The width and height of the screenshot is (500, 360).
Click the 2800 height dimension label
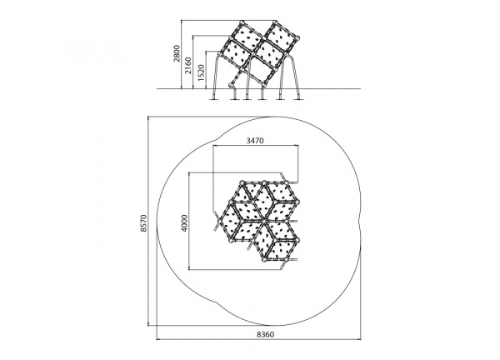(x=177, y=53)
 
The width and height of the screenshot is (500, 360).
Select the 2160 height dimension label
(x=188, y=66)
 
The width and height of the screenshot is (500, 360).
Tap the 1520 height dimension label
(x=201, y=72)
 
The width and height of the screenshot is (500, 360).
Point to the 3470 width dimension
(x=255, y=140)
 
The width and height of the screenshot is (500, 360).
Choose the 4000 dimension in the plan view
(x=184, y=222)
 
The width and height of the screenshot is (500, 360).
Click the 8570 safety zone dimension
(x=144, y=222)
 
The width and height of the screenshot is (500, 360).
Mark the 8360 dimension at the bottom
(x=265, y=334)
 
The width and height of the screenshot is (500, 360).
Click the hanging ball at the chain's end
(x=231, y=85)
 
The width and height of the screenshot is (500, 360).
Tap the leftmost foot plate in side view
(x=214, y=99)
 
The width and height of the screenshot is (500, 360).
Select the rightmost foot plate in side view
(x=298, y=99)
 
